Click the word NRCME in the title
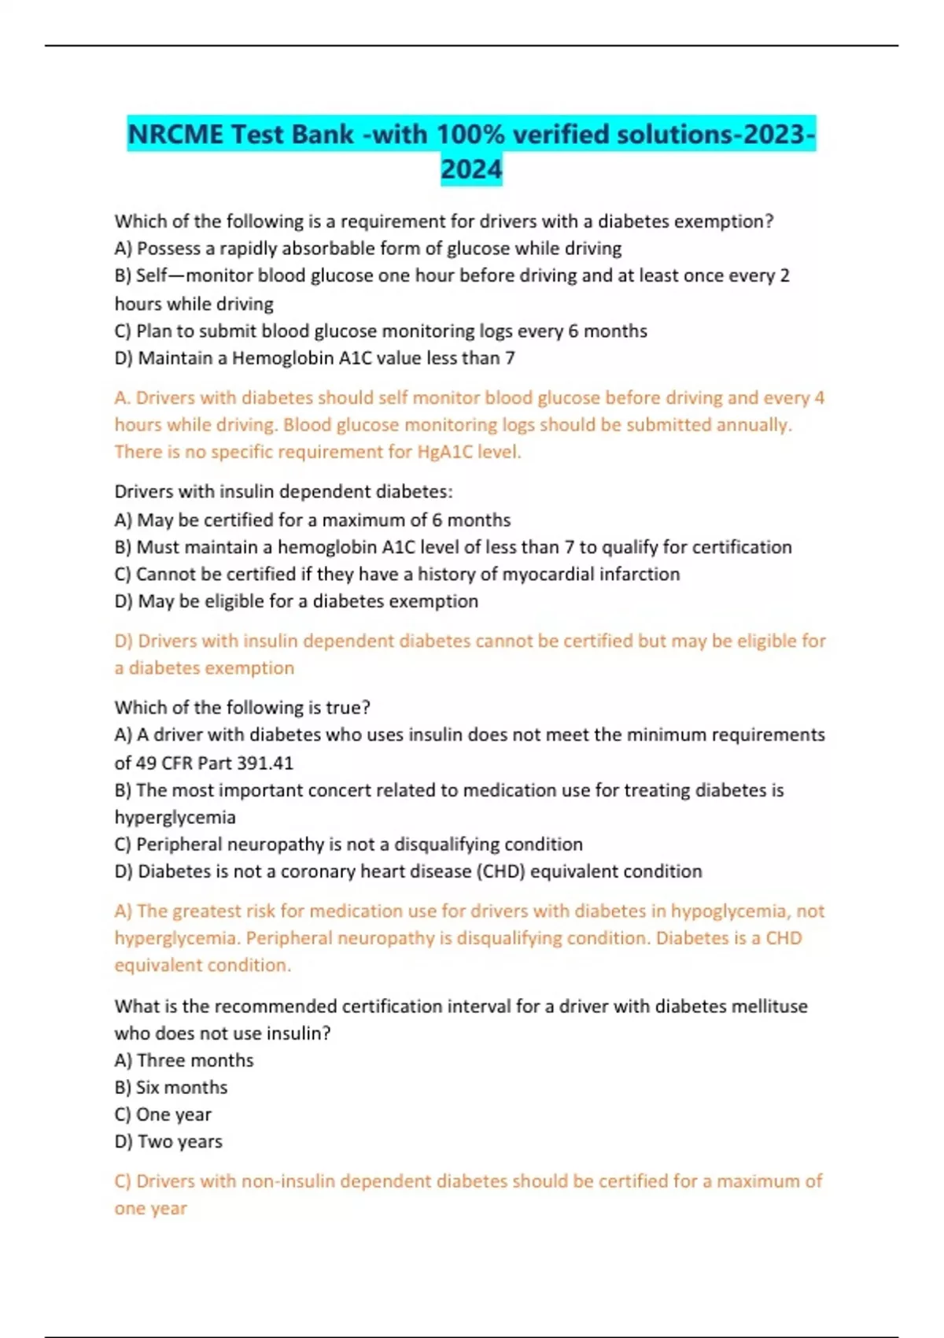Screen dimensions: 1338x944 tap(175, 135)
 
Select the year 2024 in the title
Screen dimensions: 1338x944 tap(471, 169)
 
